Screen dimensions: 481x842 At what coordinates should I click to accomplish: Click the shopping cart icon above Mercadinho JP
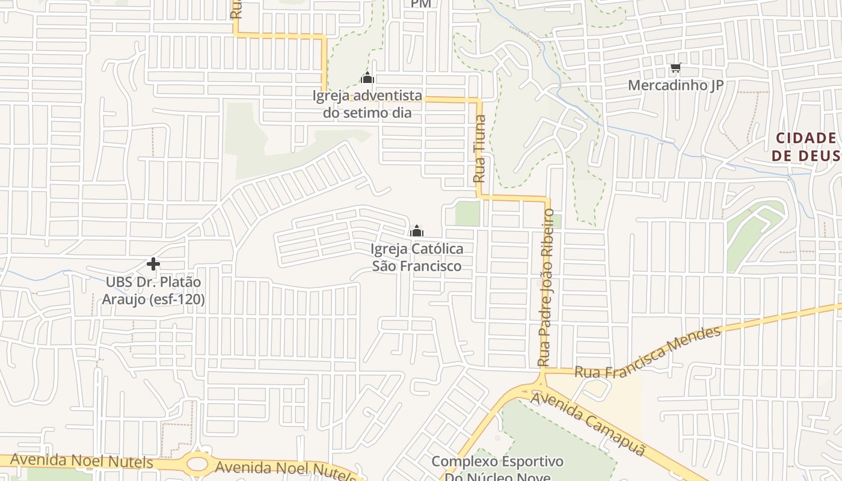676,68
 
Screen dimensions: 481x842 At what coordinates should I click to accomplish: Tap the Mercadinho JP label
675,85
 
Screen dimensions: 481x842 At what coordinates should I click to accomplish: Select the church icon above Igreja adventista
367,78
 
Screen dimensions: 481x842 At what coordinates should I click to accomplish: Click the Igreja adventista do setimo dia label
367,103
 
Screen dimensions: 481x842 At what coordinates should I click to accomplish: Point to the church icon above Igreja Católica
416,231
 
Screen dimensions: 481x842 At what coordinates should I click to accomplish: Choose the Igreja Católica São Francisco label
417,257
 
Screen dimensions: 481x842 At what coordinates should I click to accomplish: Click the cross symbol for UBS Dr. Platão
153,264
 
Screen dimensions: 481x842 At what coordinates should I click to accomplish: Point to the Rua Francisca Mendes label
647,353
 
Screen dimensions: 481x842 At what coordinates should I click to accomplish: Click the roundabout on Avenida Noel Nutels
198,464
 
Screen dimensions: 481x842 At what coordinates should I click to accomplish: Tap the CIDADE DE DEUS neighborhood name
805,147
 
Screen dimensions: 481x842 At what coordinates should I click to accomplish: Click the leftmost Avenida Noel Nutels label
82,461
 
